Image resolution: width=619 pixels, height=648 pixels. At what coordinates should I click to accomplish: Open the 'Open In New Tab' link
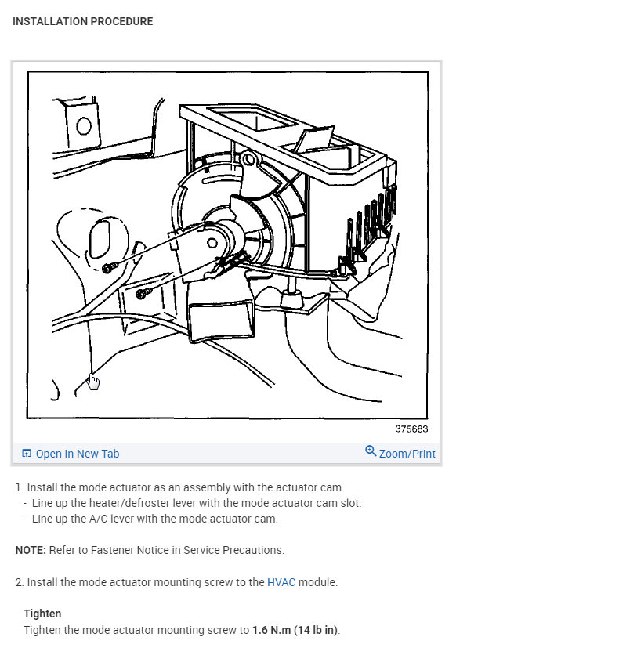(x=77, y=454)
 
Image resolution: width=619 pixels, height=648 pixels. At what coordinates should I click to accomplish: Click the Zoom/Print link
(x=407, y=454)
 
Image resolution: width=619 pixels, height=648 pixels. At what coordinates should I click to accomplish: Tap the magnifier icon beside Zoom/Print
(x=371, y=451)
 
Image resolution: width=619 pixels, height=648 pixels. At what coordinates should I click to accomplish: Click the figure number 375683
(x=411, y=429)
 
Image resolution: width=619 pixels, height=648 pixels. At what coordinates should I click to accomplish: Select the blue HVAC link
(x=281, y=582)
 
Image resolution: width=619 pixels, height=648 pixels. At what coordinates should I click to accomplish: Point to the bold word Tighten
(x=42, y=614)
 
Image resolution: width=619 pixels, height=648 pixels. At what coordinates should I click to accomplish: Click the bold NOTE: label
(x=31, y=550)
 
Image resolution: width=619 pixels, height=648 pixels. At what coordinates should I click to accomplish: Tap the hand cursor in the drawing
(x=93, y=382)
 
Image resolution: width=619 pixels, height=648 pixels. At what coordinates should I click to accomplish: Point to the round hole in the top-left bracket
(x=83, y=125)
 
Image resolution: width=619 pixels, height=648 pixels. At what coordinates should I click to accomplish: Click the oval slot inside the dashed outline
(x=103, y=237)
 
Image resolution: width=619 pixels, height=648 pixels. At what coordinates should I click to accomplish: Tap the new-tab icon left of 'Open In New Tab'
(x=27, y=454)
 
